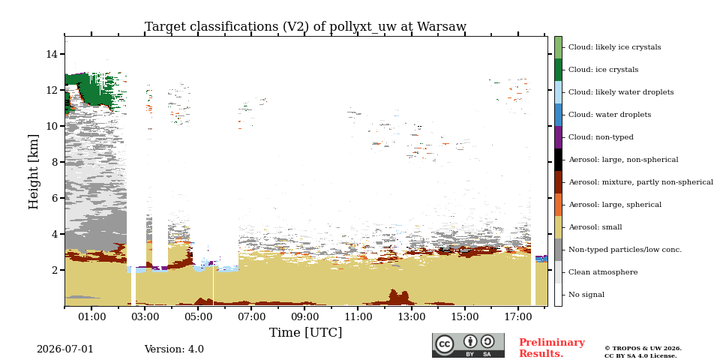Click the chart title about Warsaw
click(305, 27)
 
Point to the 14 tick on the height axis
click(52, 54)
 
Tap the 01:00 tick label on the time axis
click(91, 316)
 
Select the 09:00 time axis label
click(304, 316)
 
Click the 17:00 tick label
click(518, 316)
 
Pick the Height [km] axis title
click(34, 172)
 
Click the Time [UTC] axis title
click(305, 332)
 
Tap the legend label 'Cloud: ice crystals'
click(603, 70)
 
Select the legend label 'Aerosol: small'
click(595, 227)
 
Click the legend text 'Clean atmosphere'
click(603, 272)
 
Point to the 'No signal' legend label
click(586, 295)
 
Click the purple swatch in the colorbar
click(558, 137)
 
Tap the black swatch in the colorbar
click(558, 160)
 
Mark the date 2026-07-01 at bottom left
click(64, 349)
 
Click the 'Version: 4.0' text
click(174, 349)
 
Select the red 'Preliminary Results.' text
click(552, 348)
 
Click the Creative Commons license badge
click(468, 345)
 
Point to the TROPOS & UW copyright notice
click(643, 352)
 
